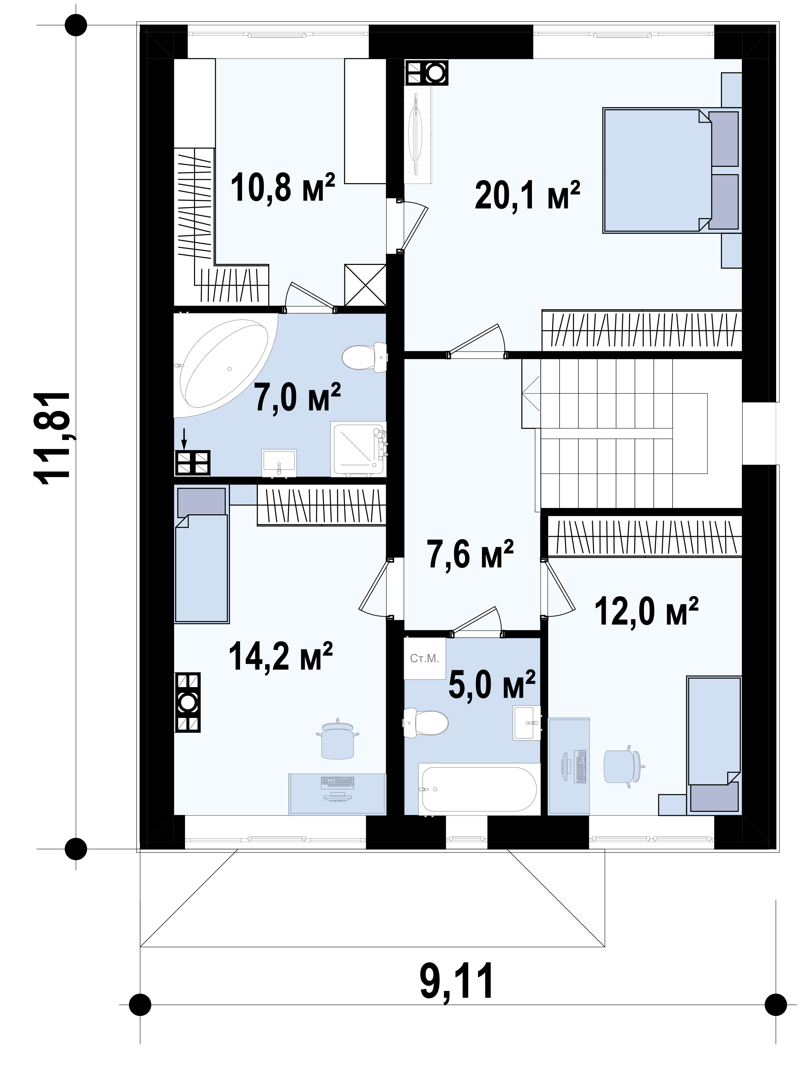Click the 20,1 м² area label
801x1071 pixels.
[x=527, y=195]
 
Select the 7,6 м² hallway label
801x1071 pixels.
[x=470, y=553]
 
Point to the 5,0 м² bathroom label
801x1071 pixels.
[x=492, y=684]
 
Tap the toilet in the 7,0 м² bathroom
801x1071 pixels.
[x=364, y=357]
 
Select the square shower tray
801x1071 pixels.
[x=358, y=448]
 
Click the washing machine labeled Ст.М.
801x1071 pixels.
[x=424, y=658]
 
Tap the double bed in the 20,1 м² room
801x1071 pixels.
[x=671, y=170]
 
